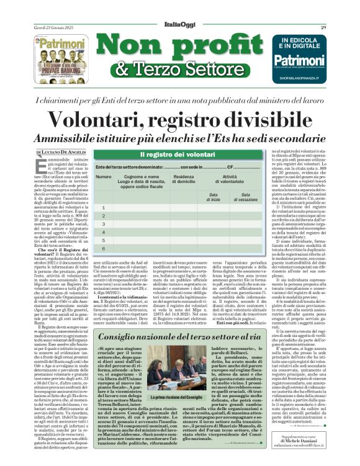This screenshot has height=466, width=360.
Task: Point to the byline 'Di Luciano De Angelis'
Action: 61,152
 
